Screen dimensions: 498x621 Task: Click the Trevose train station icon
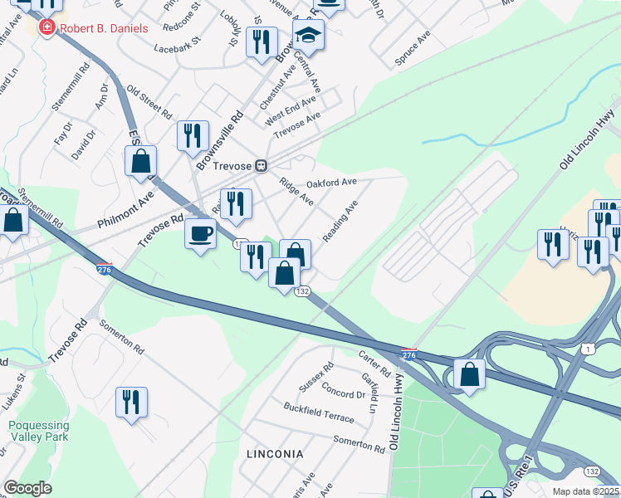tap(261, 165)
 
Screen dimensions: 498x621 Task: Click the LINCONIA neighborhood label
tap(275, 454)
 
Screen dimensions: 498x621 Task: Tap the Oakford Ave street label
tap(331, 182)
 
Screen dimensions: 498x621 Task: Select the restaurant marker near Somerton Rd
tap(131, 403)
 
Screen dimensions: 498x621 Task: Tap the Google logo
tap(27, 488)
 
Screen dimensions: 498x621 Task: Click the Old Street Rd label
tap(149, 105)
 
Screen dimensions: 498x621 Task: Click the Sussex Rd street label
tap(316, 376)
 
